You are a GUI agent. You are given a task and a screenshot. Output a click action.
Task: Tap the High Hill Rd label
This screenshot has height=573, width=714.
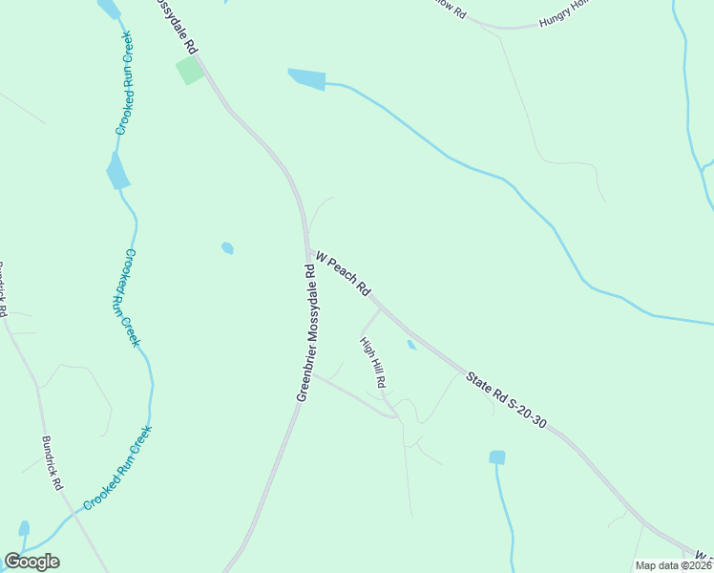pos(372,361)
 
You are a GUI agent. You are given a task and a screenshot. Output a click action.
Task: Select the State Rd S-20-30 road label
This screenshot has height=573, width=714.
pos(506,399)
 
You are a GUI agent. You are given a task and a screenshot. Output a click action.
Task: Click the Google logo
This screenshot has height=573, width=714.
pos(31,562)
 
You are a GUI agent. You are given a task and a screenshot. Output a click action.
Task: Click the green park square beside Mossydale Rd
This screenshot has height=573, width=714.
pos(189,70)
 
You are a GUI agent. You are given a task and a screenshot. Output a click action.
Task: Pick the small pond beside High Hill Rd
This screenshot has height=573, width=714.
pos(411,345)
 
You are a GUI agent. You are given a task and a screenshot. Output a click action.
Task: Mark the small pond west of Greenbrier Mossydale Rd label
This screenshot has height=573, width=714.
pos(227,248)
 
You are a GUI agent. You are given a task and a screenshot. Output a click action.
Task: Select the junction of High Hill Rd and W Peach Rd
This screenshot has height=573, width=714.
pos(380,308)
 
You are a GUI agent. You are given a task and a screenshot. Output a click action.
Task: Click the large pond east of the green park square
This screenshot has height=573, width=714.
pos(306,79)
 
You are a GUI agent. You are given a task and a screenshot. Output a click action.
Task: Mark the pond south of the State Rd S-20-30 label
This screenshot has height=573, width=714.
pos(496,457)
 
